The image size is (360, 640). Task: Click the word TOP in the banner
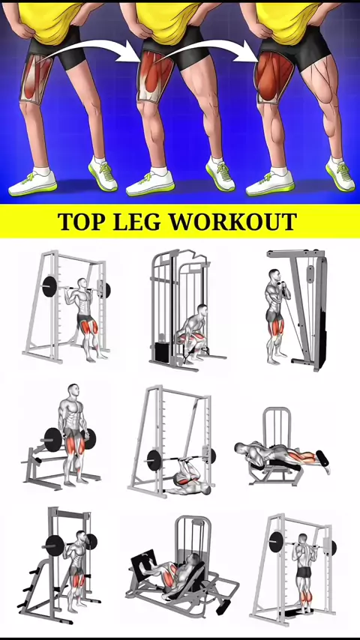[81, 221]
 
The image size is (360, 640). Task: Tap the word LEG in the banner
[137, 221]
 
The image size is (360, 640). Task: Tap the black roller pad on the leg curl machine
[322, 459]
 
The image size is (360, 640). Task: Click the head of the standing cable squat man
[274, 276]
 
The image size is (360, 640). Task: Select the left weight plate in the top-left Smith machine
[49, 286]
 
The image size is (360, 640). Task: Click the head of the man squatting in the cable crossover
[202, 310]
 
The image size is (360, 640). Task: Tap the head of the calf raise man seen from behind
[303, 539]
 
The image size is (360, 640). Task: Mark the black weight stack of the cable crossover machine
[161, 351]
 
